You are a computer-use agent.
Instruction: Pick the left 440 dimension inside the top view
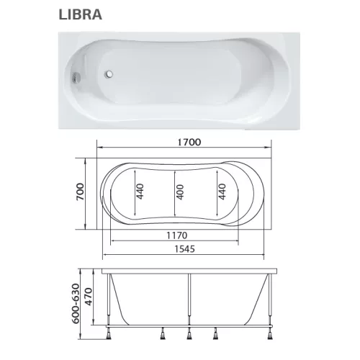(141, 192)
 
